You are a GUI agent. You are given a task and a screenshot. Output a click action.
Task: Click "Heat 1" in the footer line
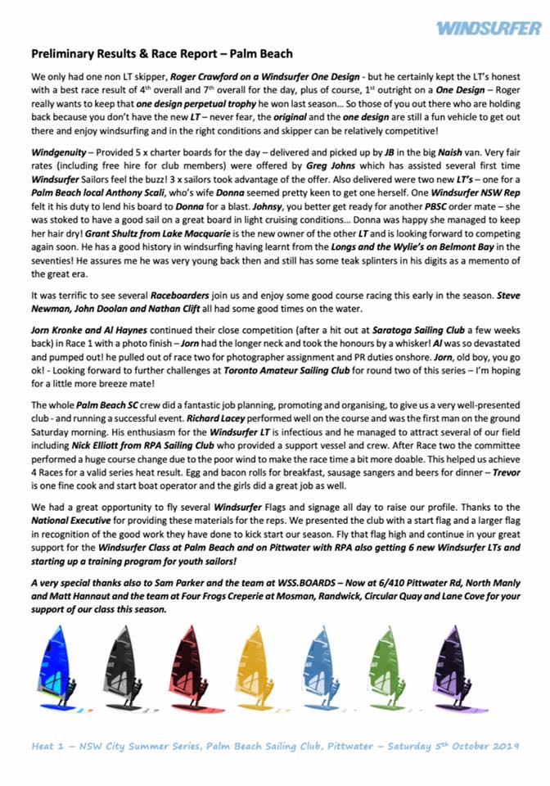point(47,747)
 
